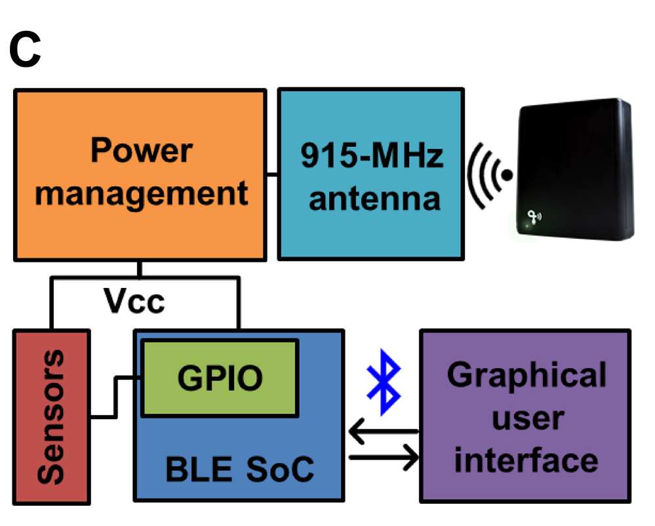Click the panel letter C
pos(25,51)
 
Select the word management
pos(141,193)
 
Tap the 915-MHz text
pos(372,156)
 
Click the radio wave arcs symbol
pos(489,175)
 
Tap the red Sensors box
pos(51,417)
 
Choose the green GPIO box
pos(220,378)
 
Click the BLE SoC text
pos(239,469)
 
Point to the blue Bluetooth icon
pos(384,383)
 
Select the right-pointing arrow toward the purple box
pos(384,457)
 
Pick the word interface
pos(526,459)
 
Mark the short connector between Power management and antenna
pos(272,173)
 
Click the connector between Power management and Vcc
pos(140,268)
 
